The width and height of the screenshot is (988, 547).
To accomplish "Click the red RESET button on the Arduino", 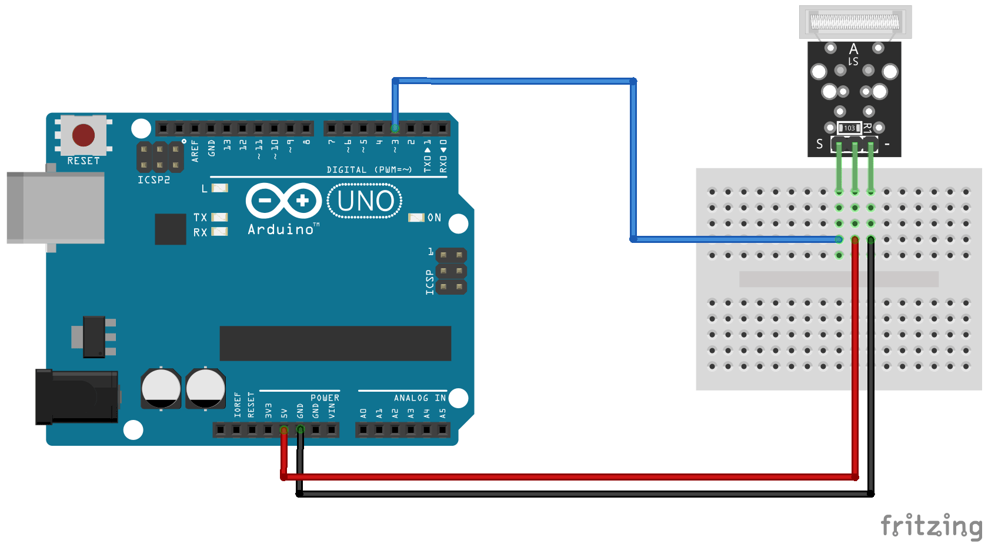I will tap(84, 135).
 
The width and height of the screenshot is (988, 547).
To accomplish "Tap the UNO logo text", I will tap(365, 201).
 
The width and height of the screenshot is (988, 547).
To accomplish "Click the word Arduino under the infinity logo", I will tap(281, 229).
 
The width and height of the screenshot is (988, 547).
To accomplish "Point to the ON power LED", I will tap(416, 218).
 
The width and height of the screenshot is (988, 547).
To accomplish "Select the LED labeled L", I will tap(219, 188).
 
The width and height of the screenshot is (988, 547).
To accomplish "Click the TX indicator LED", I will tap(219, 217).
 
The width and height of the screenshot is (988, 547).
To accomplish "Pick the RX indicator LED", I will tap(219, 232).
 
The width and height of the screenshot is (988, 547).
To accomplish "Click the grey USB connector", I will tap(56, 207).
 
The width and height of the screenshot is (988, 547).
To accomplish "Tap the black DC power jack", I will tap(76, 397).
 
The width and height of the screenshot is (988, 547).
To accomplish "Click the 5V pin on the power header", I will tap(284, 431).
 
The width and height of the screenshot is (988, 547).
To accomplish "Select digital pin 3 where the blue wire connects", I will tap(395, 128).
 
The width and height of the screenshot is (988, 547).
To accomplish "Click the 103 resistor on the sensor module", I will tap(849, 128).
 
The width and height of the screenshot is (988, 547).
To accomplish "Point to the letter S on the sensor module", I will tap(820, 144).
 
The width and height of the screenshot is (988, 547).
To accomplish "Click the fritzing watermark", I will tap(930, 525).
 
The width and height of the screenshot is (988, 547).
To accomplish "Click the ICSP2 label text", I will tap(153, 180).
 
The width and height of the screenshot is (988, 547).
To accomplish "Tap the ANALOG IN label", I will tap(419, 398).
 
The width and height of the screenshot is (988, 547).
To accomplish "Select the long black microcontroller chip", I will tap(335, 343).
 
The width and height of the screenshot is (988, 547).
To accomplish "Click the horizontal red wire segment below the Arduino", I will tap(565, 476).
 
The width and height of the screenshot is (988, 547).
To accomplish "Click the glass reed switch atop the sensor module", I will tap(855, 22).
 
